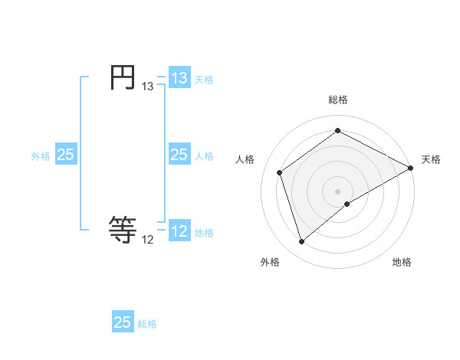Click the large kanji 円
pyautogui.click(x=123, y=77)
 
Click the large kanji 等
pyautogui.click(x=123, y=228)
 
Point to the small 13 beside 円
pyautogui.click(x=148, y=87)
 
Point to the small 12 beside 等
pyautogui.click(x=148, y=240)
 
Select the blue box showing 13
pyautogui.click(x=179, y=78)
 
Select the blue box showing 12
pyautogui.click(x=179, y=231)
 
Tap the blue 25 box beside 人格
pyautogui.click(x=179, y=155)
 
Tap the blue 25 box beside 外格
pyautogui.click(x=65, y=155)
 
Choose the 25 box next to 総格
pyautogui.click(x=123, y=322)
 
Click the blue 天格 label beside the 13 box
pyautogui.click(x=204, y=79)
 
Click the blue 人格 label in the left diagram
pyautogui.click(x=204, y=155)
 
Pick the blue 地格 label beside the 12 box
pyautogui.click(x=204, y=232)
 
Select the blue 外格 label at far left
pyautogui.click(x=41, y=155)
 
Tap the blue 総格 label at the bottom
pyautogui.click(x=147, y=323)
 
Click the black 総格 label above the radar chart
pyautogui.click(x=338, y=100)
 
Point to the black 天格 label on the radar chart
pyautogui.click(x=431, y=159)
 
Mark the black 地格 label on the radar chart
pyautogui.click(x=402, y=262)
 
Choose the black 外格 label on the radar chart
pyautogui.click(x=270, y=262)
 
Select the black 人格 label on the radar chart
pyautogui.click(x=245, y=159)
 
